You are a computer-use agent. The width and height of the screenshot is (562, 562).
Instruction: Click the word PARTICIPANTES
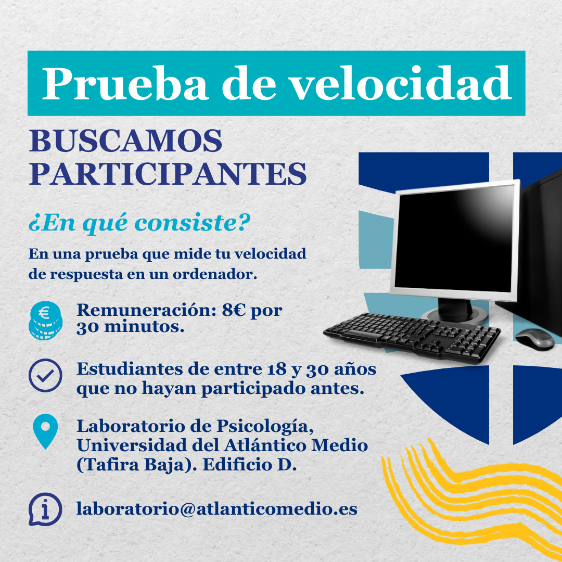(168, 174)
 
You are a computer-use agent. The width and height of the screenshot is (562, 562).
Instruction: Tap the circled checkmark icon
(45, 375)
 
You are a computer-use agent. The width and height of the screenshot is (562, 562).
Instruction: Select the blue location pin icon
(45, 431)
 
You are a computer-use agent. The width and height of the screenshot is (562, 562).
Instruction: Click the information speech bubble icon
(45, 508)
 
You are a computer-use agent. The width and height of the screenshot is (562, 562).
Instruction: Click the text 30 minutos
(130, 328)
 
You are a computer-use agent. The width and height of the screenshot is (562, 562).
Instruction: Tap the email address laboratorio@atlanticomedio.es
(217, 508)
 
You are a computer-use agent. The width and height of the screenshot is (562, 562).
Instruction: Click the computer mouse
(534, 338)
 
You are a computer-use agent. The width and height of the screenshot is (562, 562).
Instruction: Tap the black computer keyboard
(411, 336)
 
